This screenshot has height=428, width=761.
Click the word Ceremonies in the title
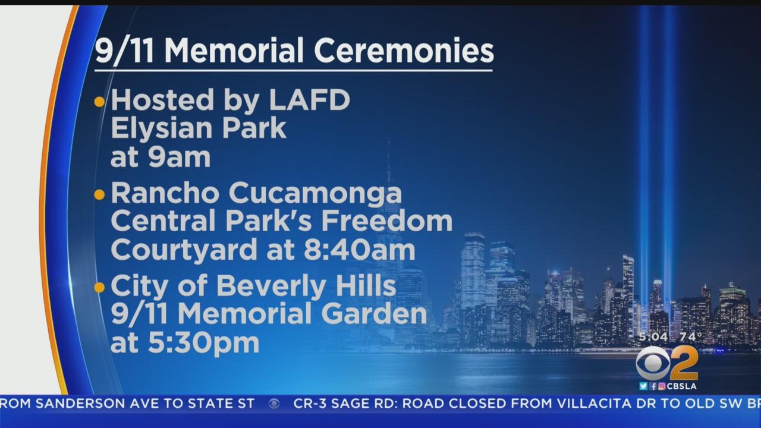[404, 51]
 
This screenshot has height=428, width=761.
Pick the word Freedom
[387, 221]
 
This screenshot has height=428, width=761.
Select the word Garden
[374, 313]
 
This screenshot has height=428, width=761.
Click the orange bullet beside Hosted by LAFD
[99, 102]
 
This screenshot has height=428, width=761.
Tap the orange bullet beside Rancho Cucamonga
[99, 194]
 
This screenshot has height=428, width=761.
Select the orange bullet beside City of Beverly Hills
[99, 288]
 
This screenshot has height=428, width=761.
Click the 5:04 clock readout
[653, 336]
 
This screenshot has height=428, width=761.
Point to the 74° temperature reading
[691, 336]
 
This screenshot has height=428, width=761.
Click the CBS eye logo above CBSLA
[653, 363]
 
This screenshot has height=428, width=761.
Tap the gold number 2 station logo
[684, 363]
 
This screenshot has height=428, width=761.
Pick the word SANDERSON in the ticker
[82, 404]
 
